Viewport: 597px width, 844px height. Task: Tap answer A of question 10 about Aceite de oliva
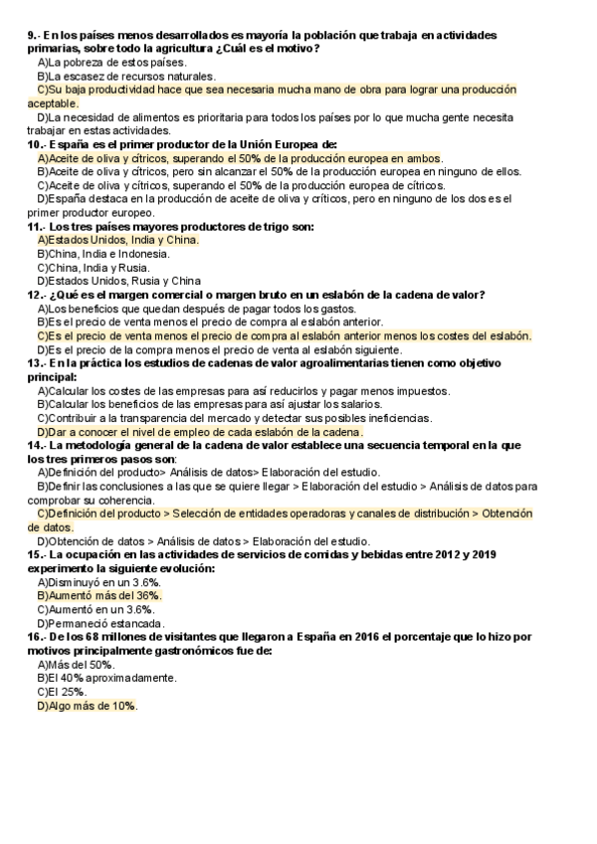240,157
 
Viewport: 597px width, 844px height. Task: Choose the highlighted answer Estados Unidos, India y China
117,240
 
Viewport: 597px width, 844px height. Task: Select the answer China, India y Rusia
93,268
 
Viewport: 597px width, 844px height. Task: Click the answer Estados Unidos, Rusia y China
118,281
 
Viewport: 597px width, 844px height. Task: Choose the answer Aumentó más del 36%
99,595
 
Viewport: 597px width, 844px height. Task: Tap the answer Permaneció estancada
100,622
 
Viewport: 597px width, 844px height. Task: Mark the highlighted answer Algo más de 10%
87,705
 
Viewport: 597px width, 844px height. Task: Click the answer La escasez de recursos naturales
125,76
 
